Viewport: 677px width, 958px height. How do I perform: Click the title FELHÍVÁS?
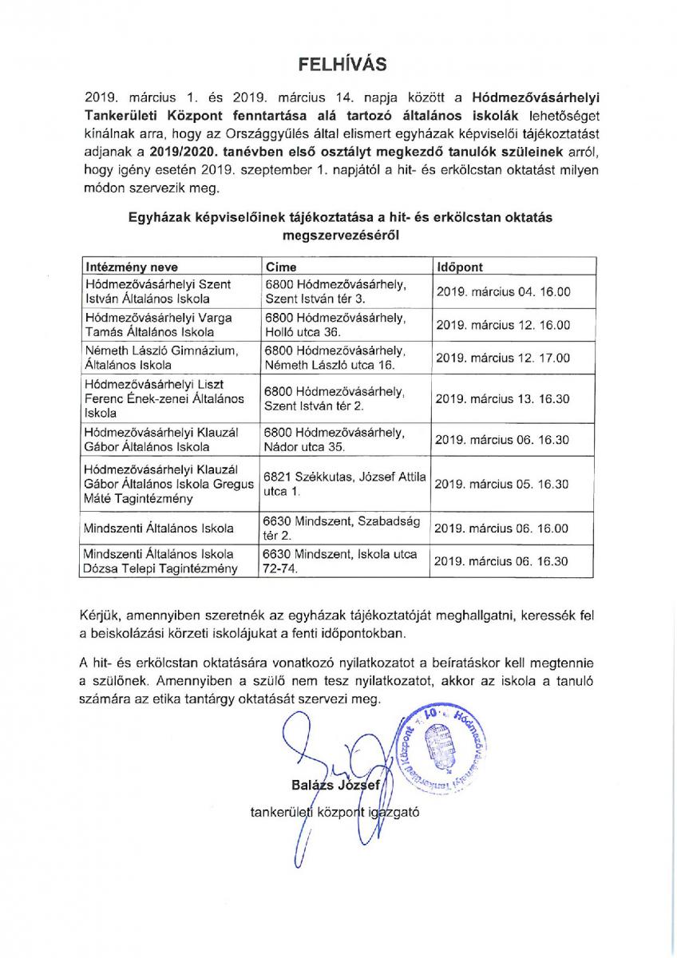338,64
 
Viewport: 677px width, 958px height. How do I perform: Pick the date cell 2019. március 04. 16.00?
502,292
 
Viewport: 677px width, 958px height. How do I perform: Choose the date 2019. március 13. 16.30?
502,398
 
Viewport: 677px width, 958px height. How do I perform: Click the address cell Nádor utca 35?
335,439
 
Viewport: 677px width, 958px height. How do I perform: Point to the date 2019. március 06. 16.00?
502,528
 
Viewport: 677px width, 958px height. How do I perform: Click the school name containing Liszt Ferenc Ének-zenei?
164,398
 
